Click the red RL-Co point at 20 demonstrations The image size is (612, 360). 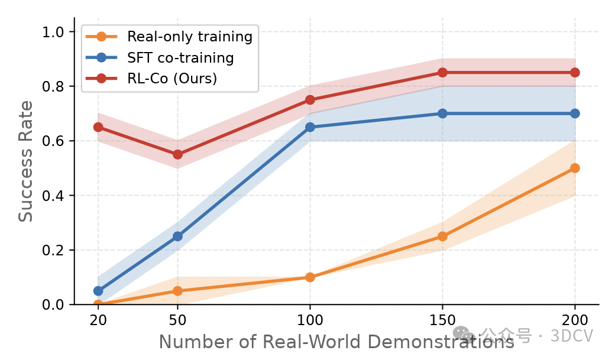click(98, 127)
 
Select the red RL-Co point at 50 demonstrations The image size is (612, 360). click(177, 154)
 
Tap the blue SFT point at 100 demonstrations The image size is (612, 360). click(310, 127)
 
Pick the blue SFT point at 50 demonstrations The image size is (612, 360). click(177, 236)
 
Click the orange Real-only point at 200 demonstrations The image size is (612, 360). click(575, 168)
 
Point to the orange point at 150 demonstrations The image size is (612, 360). click(442, 236)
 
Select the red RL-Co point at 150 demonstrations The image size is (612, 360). click(442, 73)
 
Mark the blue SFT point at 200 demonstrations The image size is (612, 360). click(575, 113)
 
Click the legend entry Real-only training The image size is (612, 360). click(189, 37)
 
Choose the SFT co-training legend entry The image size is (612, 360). click(180, 58)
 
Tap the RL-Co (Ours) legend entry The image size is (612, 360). click(172, 79)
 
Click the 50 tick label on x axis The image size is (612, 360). click(177, 320)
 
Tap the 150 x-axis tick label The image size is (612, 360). click(442, 320)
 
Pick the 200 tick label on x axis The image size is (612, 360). click(575, 320)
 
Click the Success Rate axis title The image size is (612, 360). click(25, 161)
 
